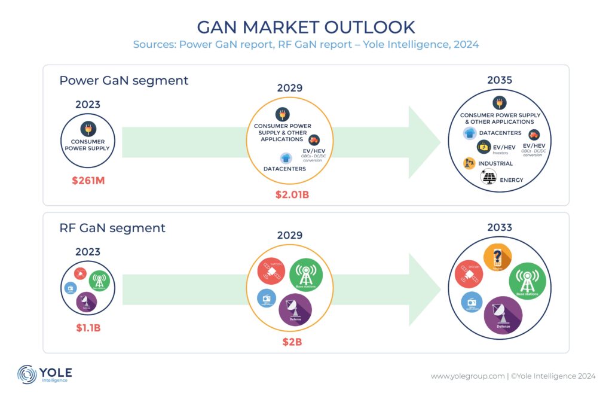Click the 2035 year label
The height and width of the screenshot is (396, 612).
tap(500, 80)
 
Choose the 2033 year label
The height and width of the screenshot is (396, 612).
tap(500, 227)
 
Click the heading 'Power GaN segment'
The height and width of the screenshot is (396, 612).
tap(124, 80)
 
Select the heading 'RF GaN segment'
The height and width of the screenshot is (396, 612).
tap(112, 227)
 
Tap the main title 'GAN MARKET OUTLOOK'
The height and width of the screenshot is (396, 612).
tap(306, 27)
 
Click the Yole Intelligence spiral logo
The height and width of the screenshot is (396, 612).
tap(27, 374)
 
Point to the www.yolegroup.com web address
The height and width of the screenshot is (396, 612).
tap(467, 376)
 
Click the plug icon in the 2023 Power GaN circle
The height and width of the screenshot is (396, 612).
tap(88, 128)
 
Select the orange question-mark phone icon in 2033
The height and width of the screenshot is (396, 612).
tap(497, 258)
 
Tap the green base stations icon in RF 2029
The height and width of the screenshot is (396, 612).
tap(306, 276)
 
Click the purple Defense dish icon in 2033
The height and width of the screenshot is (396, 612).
tap(503, 315)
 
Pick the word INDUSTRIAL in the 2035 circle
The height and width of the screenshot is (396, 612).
tap(495, 163)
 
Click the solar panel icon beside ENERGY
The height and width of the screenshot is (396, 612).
tap(489, 177)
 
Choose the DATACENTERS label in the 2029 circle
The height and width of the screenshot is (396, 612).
tap(284, 169)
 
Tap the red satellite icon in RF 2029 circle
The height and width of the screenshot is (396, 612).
tap(271, 272)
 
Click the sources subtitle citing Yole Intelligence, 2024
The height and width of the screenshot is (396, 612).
tap(306, 44)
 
